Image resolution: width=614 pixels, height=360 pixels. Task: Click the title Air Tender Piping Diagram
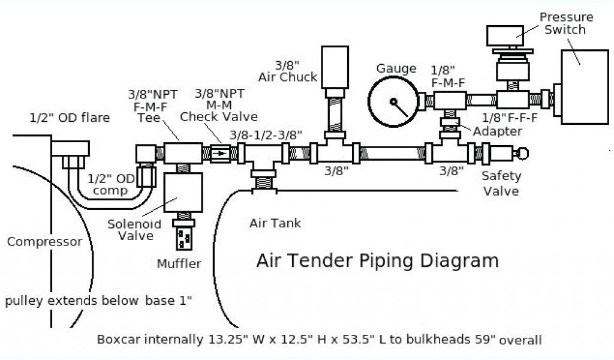coord(377,261)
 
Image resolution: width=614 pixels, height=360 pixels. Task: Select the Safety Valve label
coord(501,183)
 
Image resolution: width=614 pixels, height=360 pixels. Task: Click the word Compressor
coord(44,242)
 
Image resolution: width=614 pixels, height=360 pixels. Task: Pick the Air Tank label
coord(275,224)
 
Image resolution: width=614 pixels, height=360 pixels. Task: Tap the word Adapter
coord(497,131)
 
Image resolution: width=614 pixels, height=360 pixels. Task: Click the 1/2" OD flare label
coord(70,118)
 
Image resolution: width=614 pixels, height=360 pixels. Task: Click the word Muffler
coord(179,263)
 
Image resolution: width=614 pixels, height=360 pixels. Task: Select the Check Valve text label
coord(219,116)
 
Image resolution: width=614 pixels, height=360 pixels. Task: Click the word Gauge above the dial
coord(396,68)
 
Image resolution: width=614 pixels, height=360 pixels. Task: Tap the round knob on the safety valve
coord(524,154)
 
